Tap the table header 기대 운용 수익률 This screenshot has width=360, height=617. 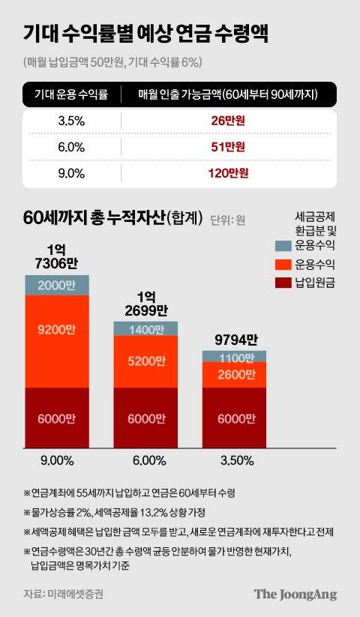click(72, 94)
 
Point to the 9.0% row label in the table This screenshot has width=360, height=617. click(72, 173)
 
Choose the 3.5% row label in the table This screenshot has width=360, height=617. click(72, 120)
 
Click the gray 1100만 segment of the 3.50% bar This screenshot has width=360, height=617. click(234, 357)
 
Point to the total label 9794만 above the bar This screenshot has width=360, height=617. click(234, 339)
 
